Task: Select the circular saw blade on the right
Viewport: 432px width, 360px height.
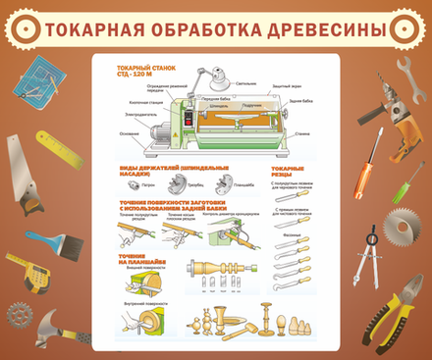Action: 402,231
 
